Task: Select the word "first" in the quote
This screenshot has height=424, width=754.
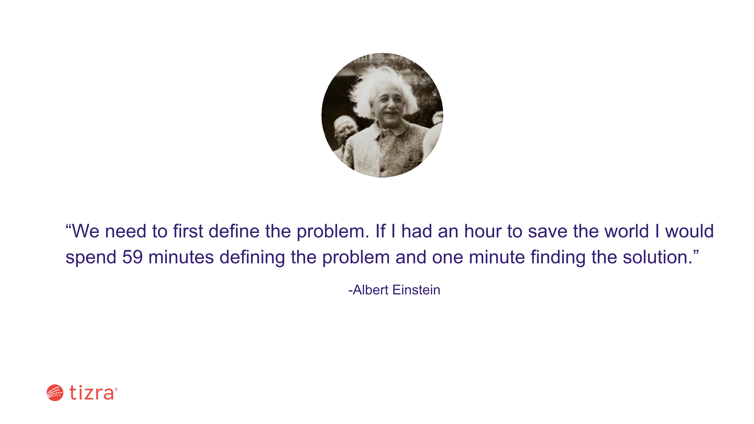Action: point(188,231)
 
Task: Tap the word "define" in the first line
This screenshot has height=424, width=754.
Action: point(234,231)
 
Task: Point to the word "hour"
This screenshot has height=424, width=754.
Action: point(483,231)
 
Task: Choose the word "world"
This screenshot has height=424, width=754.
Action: point(627,231)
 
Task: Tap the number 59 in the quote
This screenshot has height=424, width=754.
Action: point(132,257)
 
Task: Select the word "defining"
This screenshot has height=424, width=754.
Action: point(252,258)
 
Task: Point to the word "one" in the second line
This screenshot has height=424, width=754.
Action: point(447,258)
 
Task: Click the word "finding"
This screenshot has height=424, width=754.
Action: point(558,258)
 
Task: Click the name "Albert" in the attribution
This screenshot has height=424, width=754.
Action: point(371,290)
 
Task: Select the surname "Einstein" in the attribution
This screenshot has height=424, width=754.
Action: point(416,290)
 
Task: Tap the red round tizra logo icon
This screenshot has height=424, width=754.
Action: point(55,393)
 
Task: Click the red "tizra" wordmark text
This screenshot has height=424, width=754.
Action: point(91,392)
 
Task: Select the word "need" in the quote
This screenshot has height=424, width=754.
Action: point(125,231)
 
